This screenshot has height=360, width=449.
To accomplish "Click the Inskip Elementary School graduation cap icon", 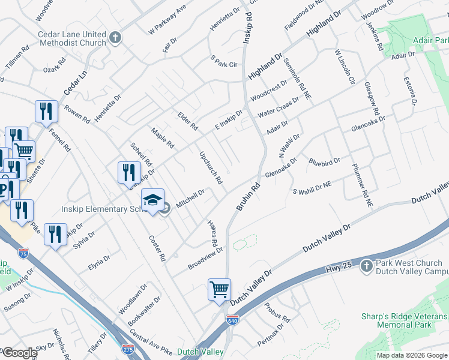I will click(152, 200).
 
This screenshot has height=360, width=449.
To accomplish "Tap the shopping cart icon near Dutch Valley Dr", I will click(219, 290).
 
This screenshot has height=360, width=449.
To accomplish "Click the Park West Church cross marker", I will click(367, 265).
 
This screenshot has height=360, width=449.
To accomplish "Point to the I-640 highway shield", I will click(233, 320).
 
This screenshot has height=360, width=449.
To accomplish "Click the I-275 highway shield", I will click(127, 349).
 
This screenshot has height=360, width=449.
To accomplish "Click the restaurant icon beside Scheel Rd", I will click(129, 173).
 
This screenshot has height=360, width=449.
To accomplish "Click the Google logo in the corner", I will click(19, 353).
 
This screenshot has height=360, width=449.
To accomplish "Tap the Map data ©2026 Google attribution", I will click(411, 355).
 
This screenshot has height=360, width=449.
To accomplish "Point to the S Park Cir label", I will click(224, 62).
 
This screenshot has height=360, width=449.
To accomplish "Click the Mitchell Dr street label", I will click(190, 194).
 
